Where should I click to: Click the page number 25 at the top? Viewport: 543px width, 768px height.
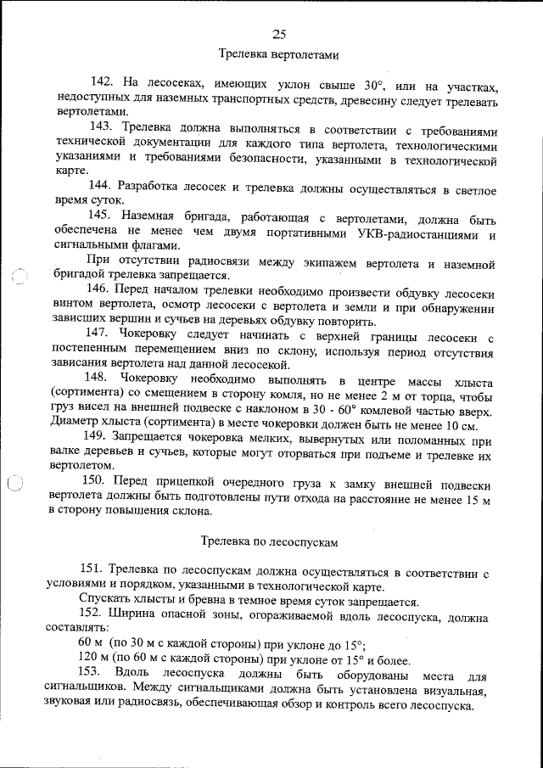[x=279, y=34]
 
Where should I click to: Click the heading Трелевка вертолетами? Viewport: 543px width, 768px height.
[x=279, y=55]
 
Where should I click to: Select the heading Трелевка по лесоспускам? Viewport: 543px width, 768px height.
[x=269, y=540]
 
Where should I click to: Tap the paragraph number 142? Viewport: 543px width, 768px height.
[x=101, y=82]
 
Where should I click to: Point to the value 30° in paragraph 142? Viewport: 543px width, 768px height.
[x=374, y=83]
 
